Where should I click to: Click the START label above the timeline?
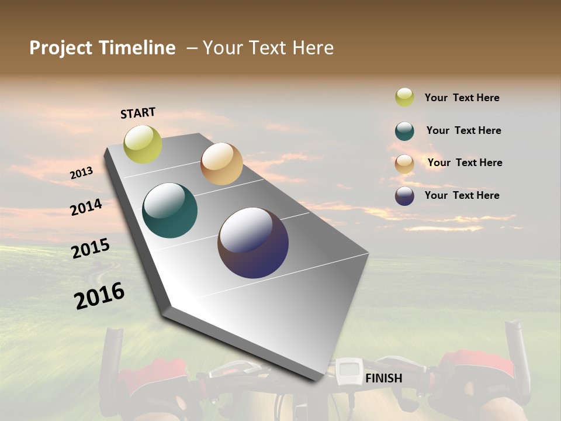138,113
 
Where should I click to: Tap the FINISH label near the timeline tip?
383,378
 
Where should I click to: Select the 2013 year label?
81,173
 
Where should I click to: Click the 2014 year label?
86,207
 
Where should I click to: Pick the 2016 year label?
99,296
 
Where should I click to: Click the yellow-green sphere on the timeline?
143,144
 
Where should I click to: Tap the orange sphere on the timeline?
221,164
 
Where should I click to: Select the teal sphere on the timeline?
169,210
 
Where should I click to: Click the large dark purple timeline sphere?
253,243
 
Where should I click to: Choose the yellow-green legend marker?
404,97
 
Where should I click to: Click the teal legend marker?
404,131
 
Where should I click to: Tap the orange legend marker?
404,164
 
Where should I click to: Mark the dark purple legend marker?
404,195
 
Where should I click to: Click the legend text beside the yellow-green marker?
462,98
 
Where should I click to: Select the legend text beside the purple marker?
462,195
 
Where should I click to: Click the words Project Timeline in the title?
102,48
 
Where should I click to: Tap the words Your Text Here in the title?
268,48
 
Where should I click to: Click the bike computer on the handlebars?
348,371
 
